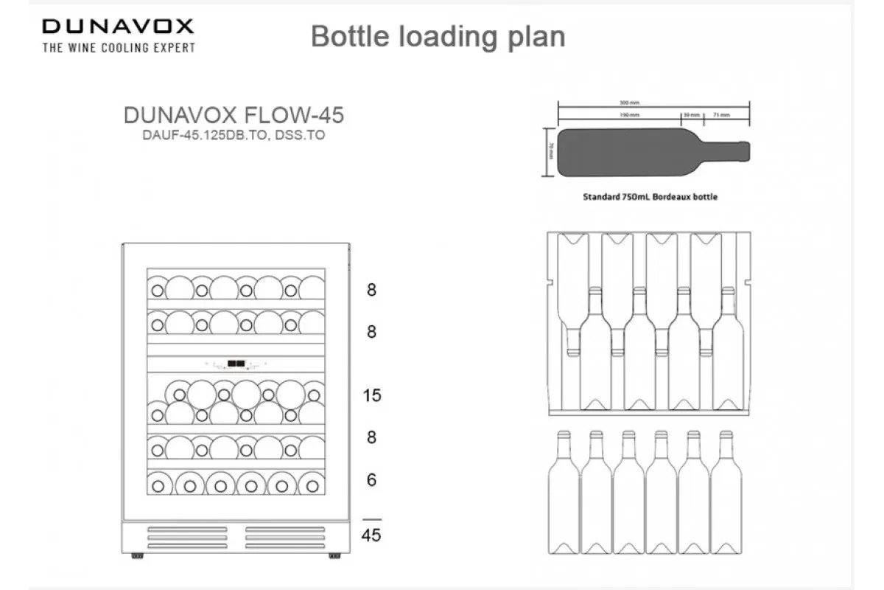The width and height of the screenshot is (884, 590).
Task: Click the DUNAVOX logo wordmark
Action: [118, 27]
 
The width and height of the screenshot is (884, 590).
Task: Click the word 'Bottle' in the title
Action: [351, 36]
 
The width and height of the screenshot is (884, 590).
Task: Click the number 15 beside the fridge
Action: [372, 396]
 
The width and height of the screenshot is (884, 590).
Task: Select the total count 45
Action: [372, 535]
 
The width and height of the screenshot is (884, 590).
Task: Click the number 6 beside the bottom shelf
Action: [372, 480]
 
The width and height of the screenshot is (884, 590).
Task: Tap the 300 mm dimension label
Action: [630, 103]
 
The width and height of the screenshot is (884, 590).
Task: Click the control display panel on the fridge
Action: [236, 363]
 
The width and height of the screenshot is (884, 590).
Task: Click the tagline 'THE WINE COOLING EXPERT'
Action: [119, 48]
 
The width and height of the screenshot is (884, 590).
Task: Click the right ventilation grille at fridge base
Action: [284, 535]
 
